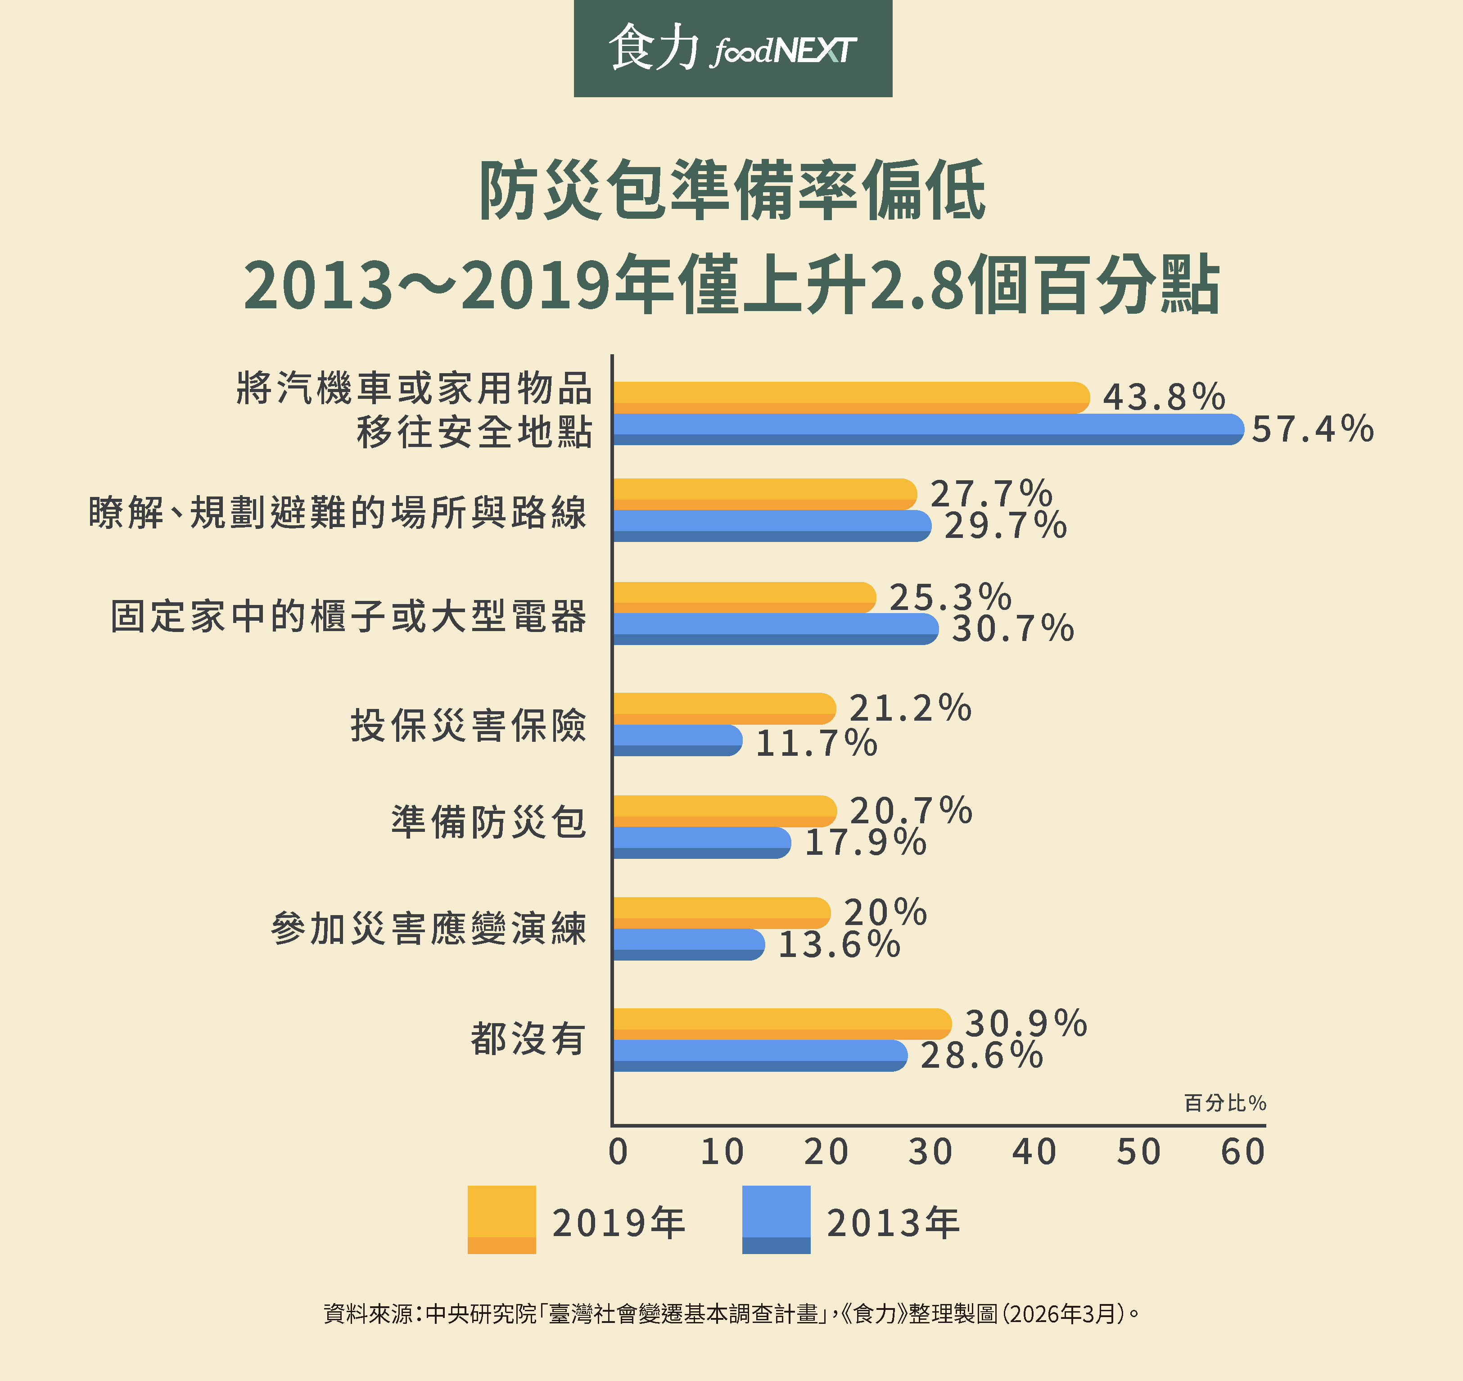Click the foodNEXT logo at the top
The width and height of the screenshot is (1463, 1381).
point(732,49)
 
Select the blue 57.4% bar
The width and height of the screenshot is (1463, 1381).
point(928,429)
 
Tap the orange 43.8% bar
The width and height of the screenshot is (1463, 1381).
point(850,397)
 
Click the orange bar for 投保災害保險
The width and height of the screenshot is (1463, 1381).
point(724,708)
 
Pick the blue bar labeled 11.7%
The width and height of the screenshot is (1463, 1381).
point(677,740)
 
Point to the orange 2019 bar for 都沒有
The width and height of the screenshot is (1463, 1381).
point(781,1024)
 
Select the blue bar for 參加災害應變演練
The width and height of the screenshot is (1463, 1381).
point(688,944)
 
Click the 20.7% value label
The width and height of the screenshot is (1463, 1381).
point(911,811)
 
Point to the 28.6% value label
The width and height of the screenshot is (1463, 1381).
point(981,1056)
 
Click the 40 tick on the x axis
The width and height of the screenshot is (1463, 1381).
point(1034,1152)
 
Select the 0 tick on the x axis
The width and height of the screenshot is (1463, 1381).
point(619,1152)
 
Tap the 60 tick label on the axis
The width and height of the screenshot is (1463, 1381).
point(1243,1152)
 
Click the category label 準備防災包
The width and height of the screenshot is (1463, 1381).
point(489,822)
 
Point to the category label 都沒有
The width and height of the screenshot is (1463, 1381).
point(528,1039)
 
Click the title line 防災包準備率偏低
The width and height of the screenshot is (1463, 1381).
point(732,191)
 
